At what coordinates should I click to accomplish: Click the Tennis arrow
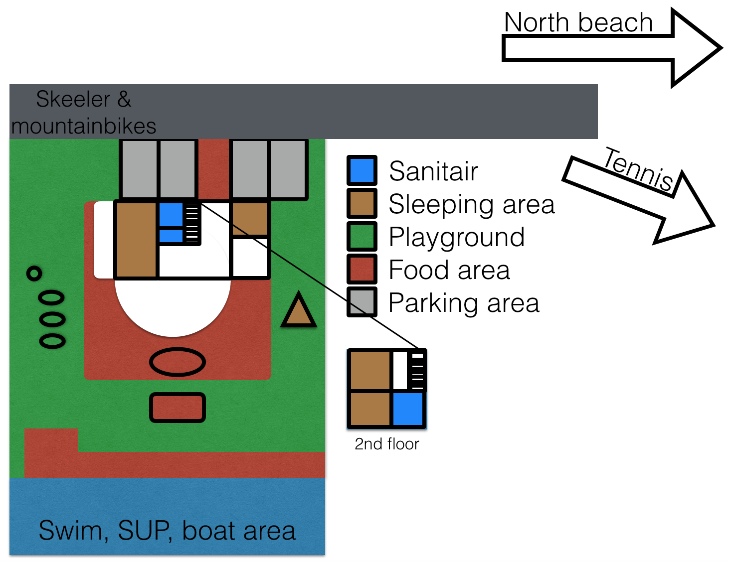pyautogui.click(x=639, y=200)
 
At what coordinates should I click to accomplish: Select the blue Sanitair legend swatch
pyautogui.click(x=362, y=170)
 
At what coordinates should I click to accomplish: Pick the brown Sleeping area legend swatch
pyautogui.click(x=362, y=203)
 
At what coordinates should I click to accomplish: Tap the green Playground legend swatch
pyautogui.click(x=362, y=236)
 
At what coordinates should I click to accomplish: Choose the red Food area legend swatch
pyautogui.click(x=362, y=269)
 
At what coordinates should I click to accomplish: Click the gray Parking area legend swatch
pyautogui.click(x=362, y=301)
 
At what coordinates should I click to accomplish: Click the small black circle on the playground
pyautogui.click(x=34, y=274)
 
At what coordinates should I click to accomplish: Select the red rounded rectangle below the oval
pyautogui.click(x=178, y=407)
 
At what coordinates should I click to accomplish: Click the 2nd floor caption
pyautogui.click(x=387, y=444)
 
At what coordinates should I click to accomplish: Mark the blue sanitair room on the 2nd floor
pyautogui.click(x=408, y=409)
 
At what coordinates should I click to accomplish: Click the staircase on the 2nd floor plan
pyautogui.click(x=417, y=371)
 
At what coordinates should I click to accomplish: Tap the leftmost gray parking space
pyautogui.click(x=139, y=169)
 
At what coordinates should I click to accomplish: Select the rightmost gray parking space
pyautogui.click(x=288, y=169)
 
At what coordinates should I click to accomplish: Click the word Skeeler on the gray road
pyautogui.click(x=73, y=99)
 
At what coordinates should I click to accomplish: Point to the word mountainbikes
pyautogui.click(x=84, y=126)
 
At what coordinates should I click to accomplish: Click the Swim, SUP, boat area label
pyautogui.click(x=167, y=531)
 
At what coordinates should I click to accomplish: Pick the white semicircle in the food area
pyautogui.click(x=173, y=306)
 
